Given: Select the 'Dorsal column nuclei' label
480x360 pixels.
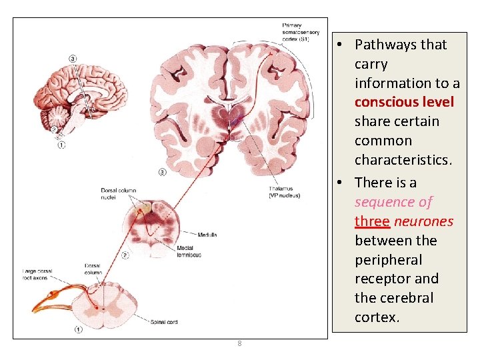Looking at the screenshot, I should pyautogui.click(x=119, y=193).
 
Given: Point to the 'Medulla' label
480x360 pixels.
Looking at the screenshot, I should pyautogui.click(x=207, y=235).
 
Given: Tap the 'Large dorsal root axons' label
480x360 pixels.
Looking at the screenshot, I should pyautogui.click(x=37, y=275).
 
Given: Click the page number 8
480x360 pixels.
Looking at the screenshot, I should pyautogui.click(x=239, y=344).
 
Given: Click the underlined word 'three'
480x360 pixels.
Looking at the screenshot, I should pyautogui.click(x=373, y=221).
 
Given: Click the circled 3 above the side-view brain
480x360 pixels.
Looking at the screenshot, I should pyautogui.click(x=72, y=59).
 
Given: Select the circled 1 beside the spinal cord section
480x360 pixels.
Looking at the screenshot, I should pyautogui.click(x=79, y=329).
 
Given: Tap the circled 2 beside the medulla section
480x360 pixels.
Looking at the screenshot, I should pyautogui.click(x=125, y=254).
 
